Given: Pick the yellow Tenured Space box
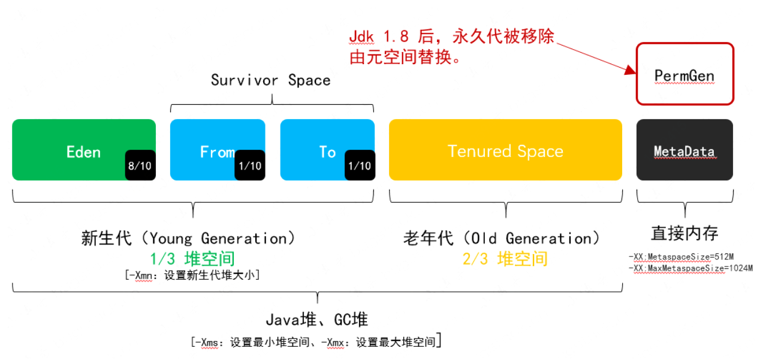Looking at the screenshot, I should coord(505,150).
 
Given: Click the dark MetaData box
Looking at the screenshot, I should coord(684,150).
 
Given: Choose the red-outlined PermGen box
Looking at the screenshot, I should coord(684,75).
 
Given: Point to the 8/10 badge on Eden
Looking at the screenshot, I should coord(140,165).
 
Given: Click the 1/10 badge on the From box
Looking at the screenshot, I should coord(249,165).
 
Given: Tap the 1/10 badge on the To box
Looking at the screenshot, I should coord(360,165).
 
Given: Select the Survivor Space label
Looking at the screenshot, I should coord(270,80).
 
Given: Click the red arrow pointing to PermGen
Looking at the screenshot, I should coord(596,58).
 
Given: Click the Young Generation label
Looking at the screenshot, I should coord(189,238).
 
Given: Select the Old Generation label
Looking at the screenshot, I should coord(502,238).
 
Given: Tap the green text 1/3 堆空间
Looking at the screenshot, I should coord(192,259).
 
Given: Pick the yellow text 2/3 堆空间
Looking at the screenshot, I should coord(505,259).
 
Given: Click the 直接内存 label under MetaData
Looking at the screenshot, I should coord(684,233).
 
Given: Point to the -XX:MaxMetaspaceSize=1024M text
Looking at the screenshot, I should coord(691,268).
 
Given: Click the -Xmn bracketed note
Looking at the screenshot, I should coord(192,275).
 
